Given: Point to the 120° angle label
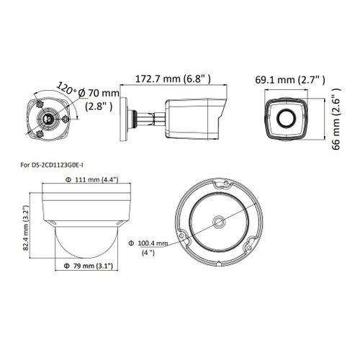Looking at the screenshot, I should click(x=66, y=89).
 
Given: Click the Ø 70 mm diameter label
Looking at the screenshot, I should click(x=99, y=93).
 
